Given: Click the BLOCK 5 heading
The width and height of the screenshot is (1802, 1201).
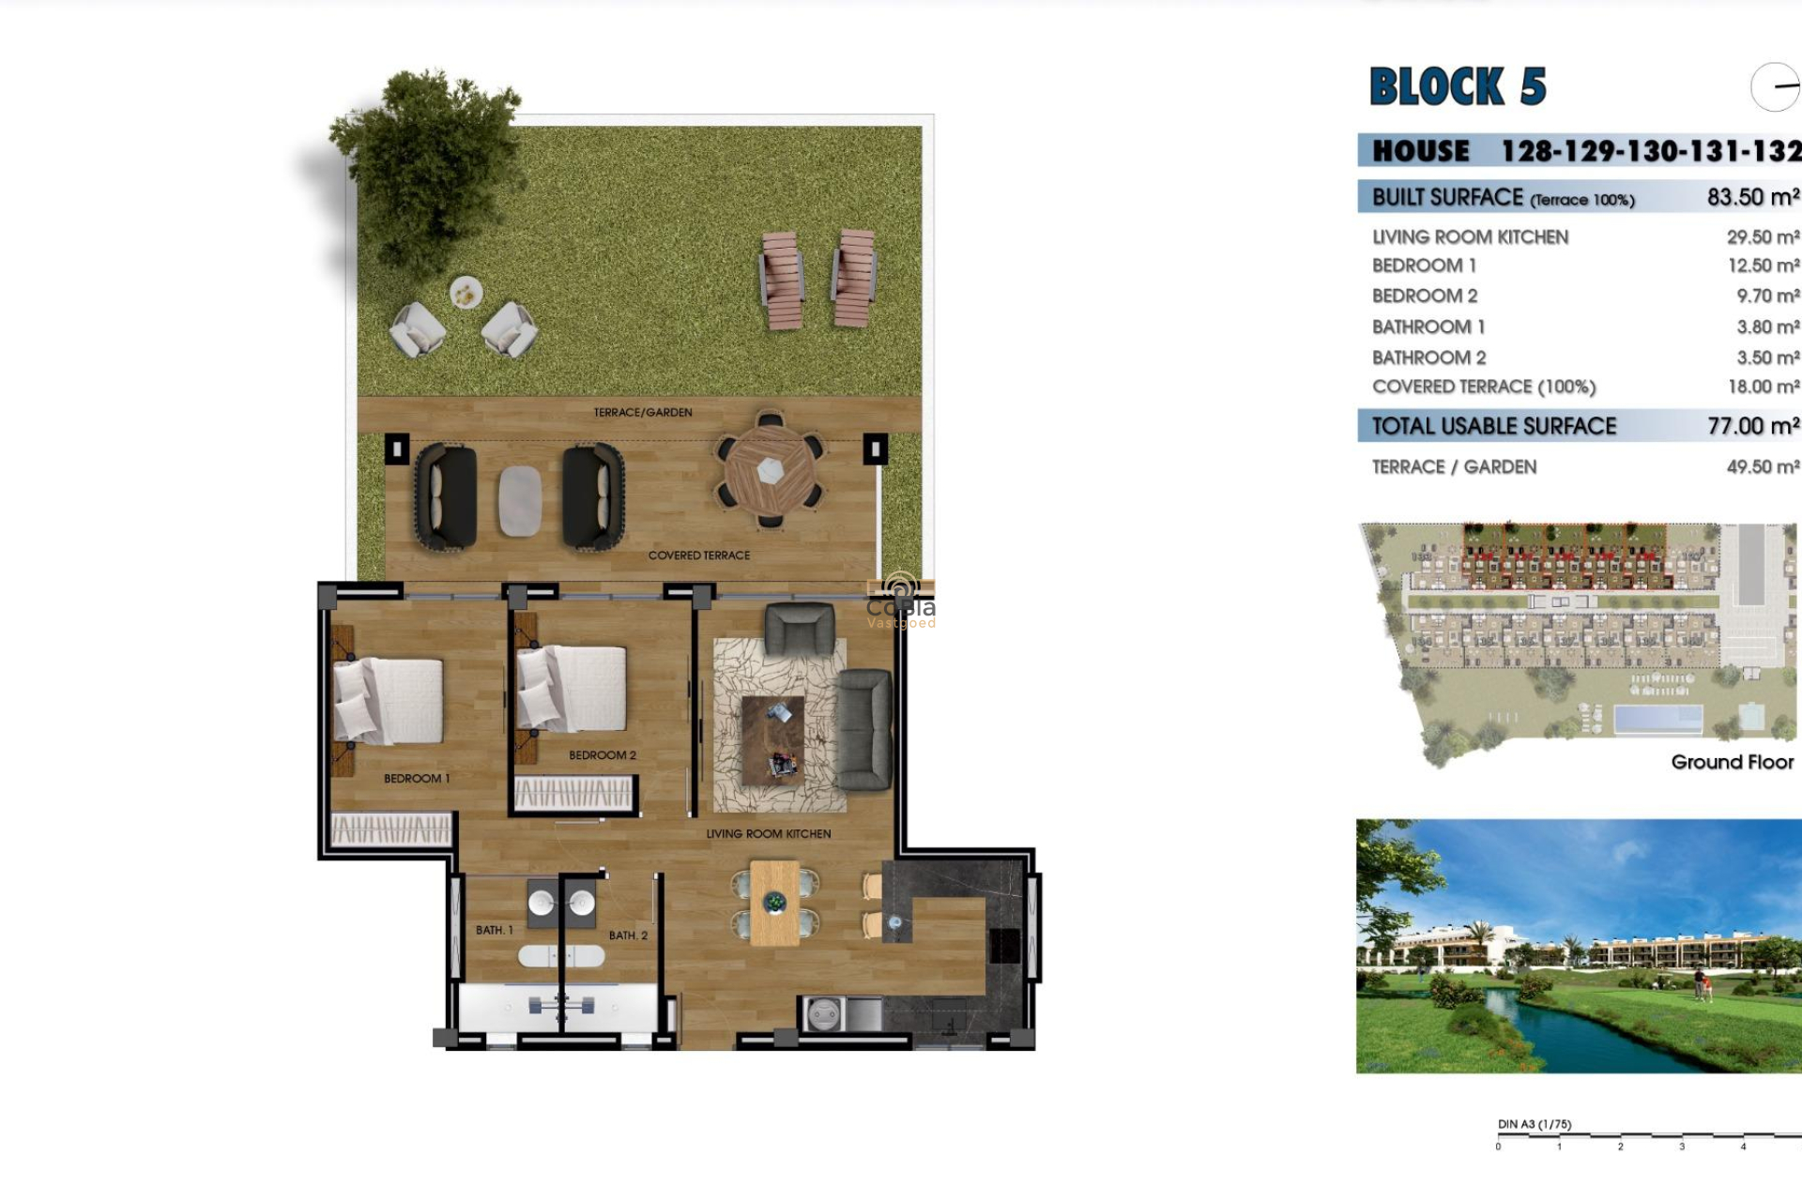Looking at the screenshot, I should [x=1458, y=86].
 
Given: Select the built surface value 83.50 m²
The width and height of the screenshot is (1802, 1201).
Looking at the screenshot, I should [x=1752, y=197].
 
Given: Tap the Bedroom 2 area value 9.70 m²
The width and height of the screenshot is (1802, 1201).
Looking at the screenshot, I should [x=1767, y=296].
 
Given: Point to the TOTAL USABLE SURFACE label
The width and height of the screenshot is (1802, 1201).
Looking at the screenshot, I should [x=1493, y=426].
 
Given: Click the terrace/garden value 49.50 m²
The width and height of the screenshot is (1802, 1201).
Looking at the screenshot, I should [x=1763, y=466].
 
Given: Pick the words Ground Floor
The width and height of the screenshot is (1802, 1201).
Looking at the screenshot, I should [x=1732, y=762].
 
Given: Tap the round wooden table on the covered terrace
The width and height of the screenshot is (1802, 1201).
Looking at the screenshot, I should [x=770, y=470].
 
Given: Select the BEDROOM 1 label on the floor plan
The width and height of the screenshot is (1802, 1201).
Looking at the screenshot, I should [x=416, y=778].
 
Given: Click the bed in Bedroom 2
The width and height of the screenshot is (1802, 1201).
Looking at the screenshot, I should [x=573, y=688].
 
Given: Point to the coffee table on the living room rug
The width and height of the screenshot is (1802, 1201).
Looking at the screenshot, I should [x=772, y=740].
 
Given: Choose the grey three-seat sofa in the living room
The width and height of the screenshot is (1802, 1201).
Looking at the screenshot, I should [x=863, y=729].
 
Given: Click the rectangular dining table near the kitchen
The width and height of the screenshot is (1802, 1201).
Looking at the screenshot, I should [x=774, y=904].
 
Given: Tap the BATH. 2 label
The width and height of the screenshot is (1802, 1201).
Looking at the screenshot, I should [x=628, y=935].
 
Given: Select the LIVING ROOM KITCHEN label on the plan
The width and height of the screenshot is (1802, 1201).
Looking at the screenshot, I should [x=768, y=833].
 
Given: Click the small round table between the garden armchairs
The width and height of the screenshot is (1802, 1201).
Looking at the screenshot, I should [x=465, y=294].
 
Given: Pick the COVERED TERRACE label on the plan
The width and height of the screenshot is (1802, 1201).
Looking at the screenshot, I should [x=698, y=555].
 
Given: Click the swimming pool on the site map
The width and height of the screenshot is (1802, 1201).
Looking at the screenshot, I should [x=1657, y=720].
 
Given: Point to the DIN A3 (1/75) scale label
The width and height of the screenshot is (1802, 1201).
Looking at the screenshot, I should [x=1534, y=1124].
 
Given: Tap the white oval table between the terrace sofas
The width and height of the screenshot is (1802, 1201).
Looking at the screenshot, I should [x=519, y=501].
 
